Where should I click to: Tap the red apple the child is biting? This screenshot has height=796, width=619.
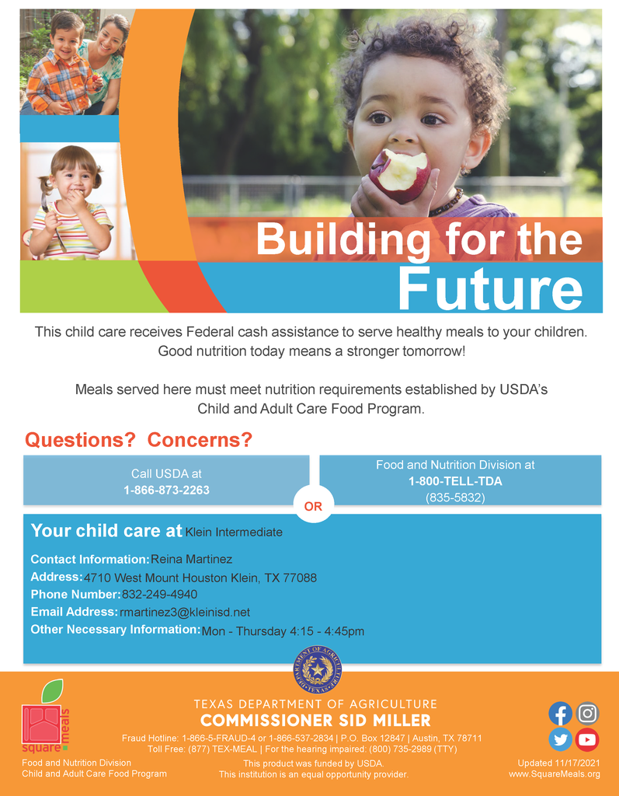tap(399, 175)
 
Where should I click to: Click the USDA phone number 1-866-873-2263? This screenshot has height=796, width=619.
tap(166, 491)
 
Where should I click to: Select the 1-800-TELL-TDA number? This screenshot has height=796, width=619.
tap(455, 481)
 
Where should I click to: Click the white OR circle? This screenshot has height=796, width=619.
tap(312, 506)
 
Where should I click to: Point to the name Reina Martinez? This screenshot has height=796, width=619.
tap(192, 560)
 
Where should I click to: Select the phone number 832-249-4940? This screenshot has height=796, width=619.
tap(159, 595)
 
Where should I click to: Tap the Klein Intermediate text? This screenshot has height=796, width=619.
tap(234, 532)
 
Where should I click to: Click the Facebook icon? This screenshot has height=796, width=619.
tap(560, 714)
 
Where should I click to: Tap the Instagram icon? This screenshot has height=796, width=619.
tap(587, 713)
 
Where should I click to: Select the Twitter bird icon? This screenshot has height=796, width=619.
tap(560, 739)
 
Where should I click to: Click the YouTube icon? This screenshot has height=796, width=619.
tap(587, 739)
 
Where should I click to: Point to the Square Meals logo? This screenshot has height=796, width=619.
tap(45, 719)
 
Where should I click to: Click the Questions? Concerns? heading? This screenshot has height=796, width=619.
tap(139, 440)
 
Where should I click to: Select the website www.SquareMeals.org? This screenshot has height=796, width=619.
tap(555, 774)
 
